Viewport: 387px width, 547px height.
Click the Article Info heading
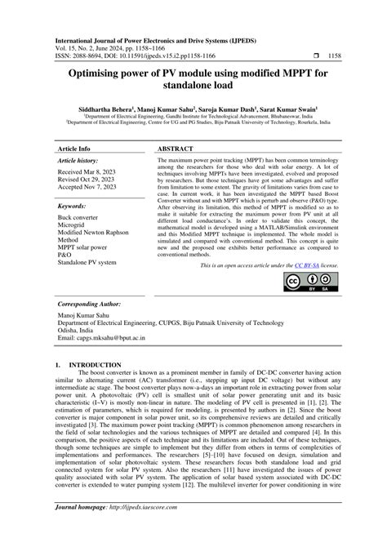[73, 149]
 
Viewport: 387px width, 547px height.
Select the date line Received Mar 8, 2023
[88, 172]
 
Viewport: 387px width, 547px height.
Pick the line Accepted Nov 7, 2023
[88, 189]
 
